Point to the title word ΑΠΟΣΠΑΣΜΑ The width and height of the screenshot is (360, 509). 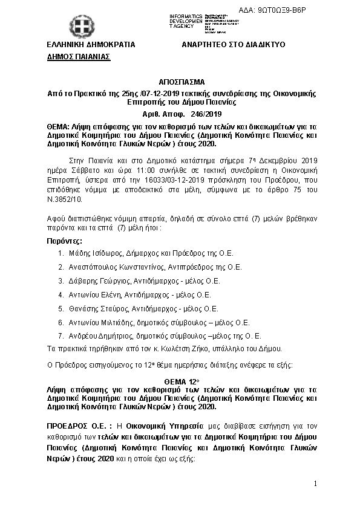point(181,82)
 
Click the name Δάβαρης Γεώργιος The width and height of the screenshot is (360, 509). point(94,281)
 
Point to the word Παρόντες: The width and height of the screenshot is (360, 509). point(64,241)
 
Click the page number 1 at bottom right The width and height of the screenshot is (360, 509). point(315,484)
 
